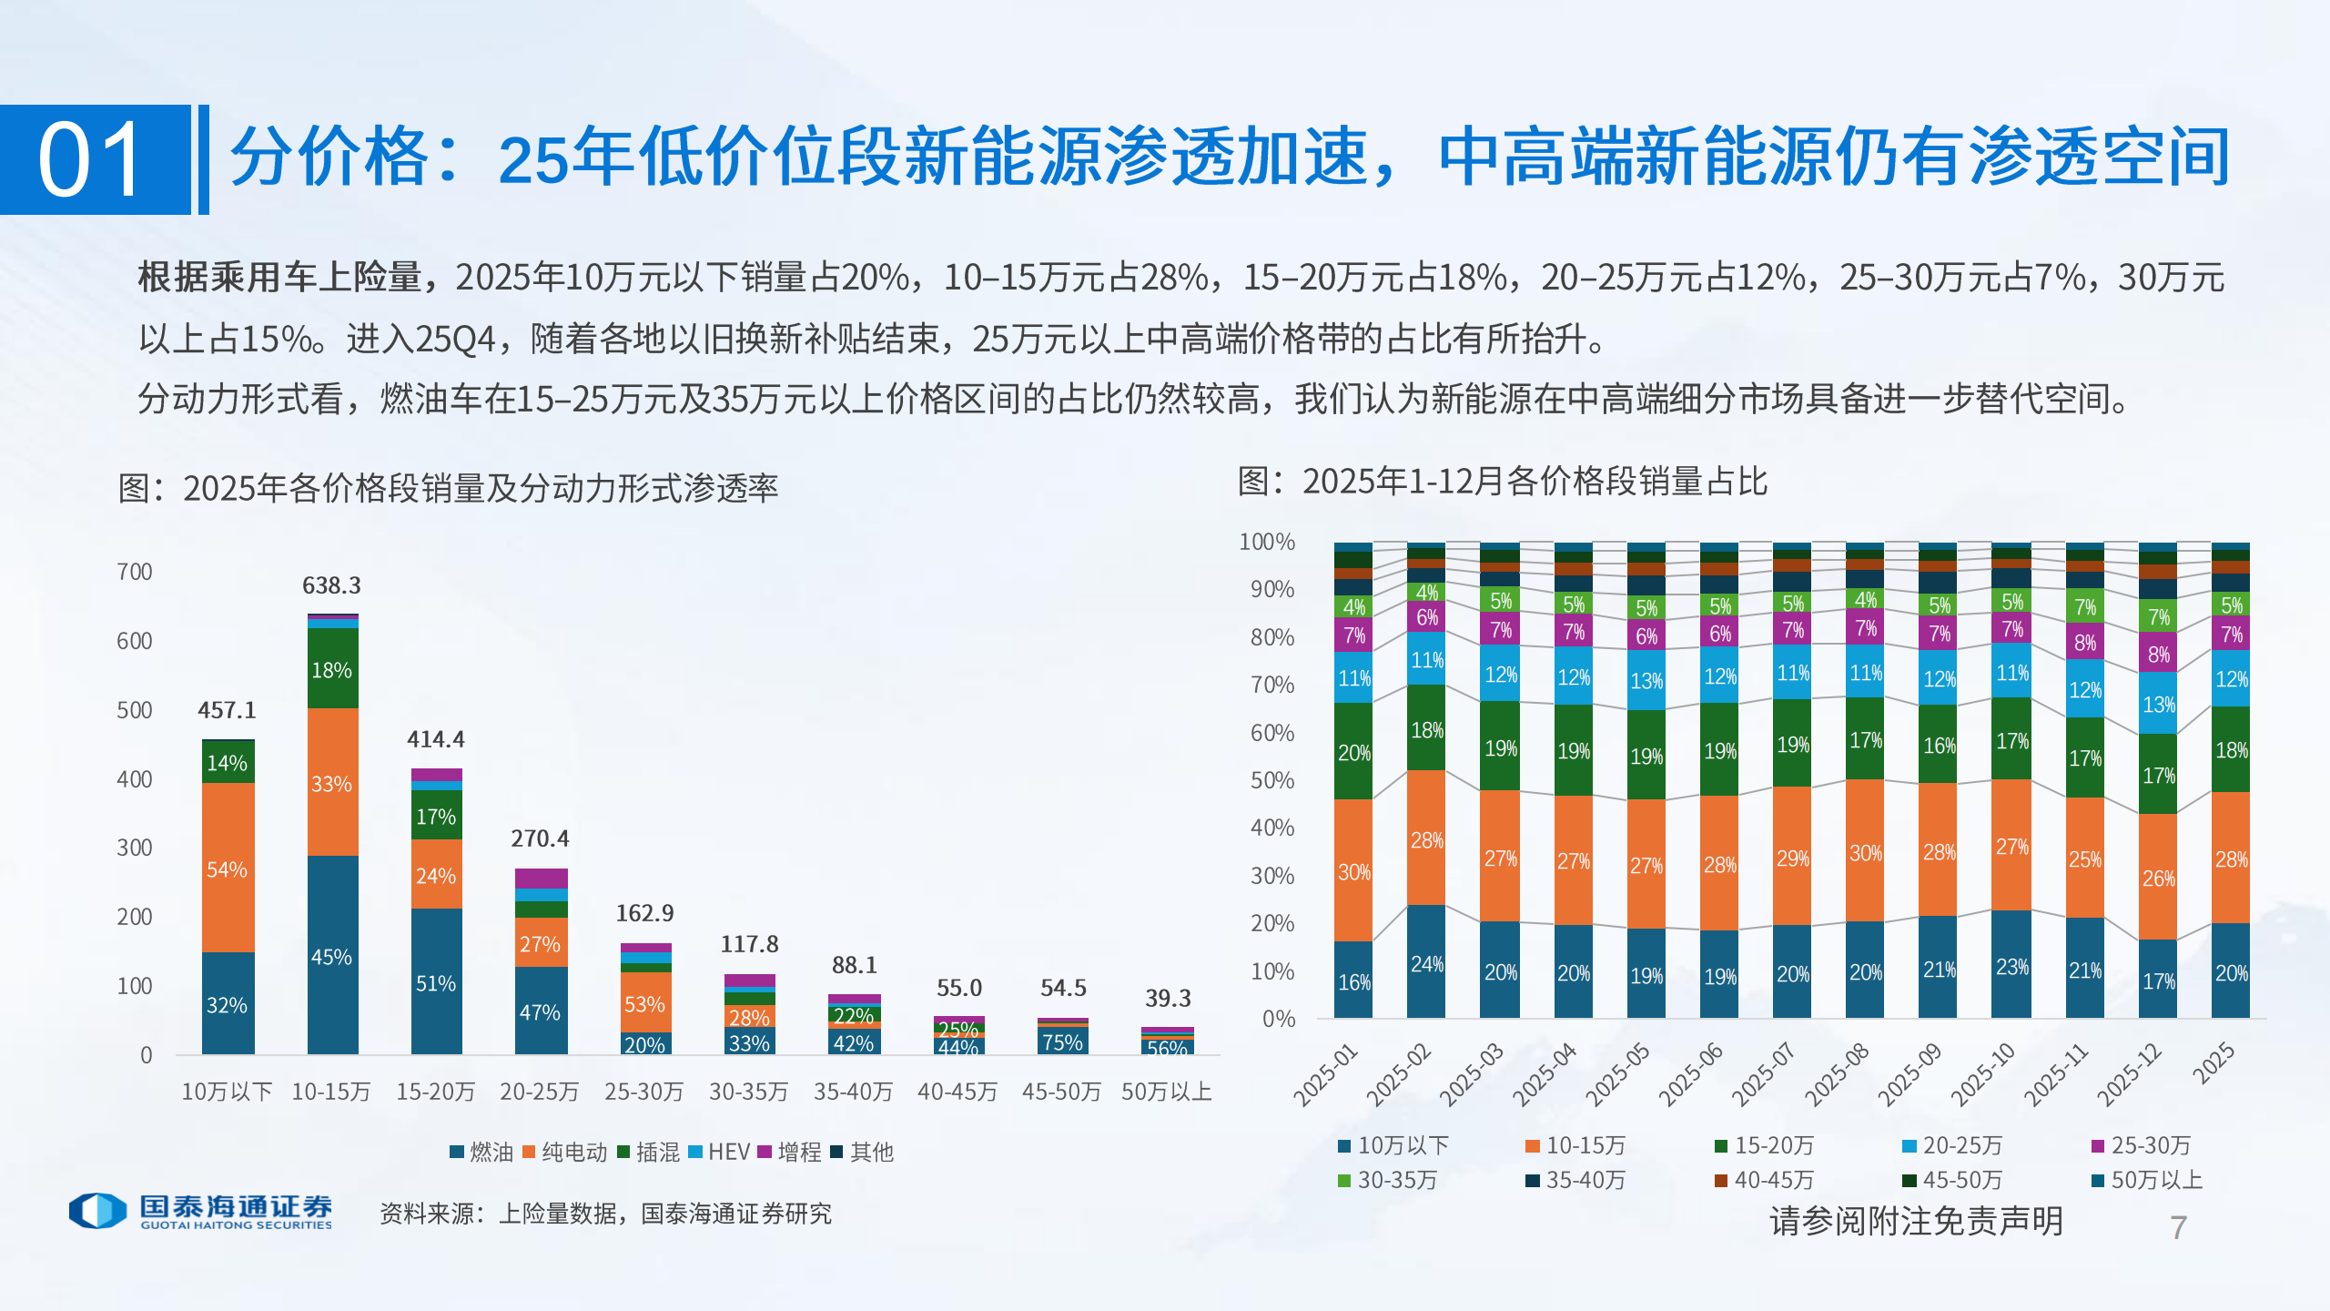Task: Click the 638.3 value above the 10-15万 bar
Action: (x=331, y=585)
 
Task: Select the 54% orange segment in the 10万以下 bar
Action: (x=227, y=869)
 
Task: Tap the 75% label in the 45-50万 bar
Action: (x=1062, y=1042)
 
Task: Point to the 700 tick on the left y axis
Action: (x=135, y=572)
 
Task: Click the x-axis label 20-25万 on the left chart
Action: (x=539, y=1092)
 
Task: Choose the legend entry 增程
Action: (x=789, y=1153)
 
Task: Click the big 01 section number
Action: (x=91, y=160)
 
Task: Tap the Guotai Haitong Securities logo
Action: (x=200, y=1212)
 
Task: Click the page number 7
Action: (x=2178, y=1227)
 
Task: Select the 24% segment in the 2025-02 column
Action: (x=1426, y=963)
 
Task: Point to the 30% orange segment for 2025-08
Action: (x=1865, y=853)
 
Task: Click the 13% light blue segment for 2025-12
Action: (x=2158, y=705)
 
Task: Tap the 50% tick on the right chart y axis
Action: (x=1271, y=780)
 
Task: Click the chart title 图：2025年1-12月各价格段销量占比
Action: (x=1502, y=482)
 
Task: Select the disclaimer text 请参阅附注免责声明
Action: (x=1916, y=1221)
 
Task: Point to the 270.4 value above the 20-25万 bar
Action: (x=539, y=838)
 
